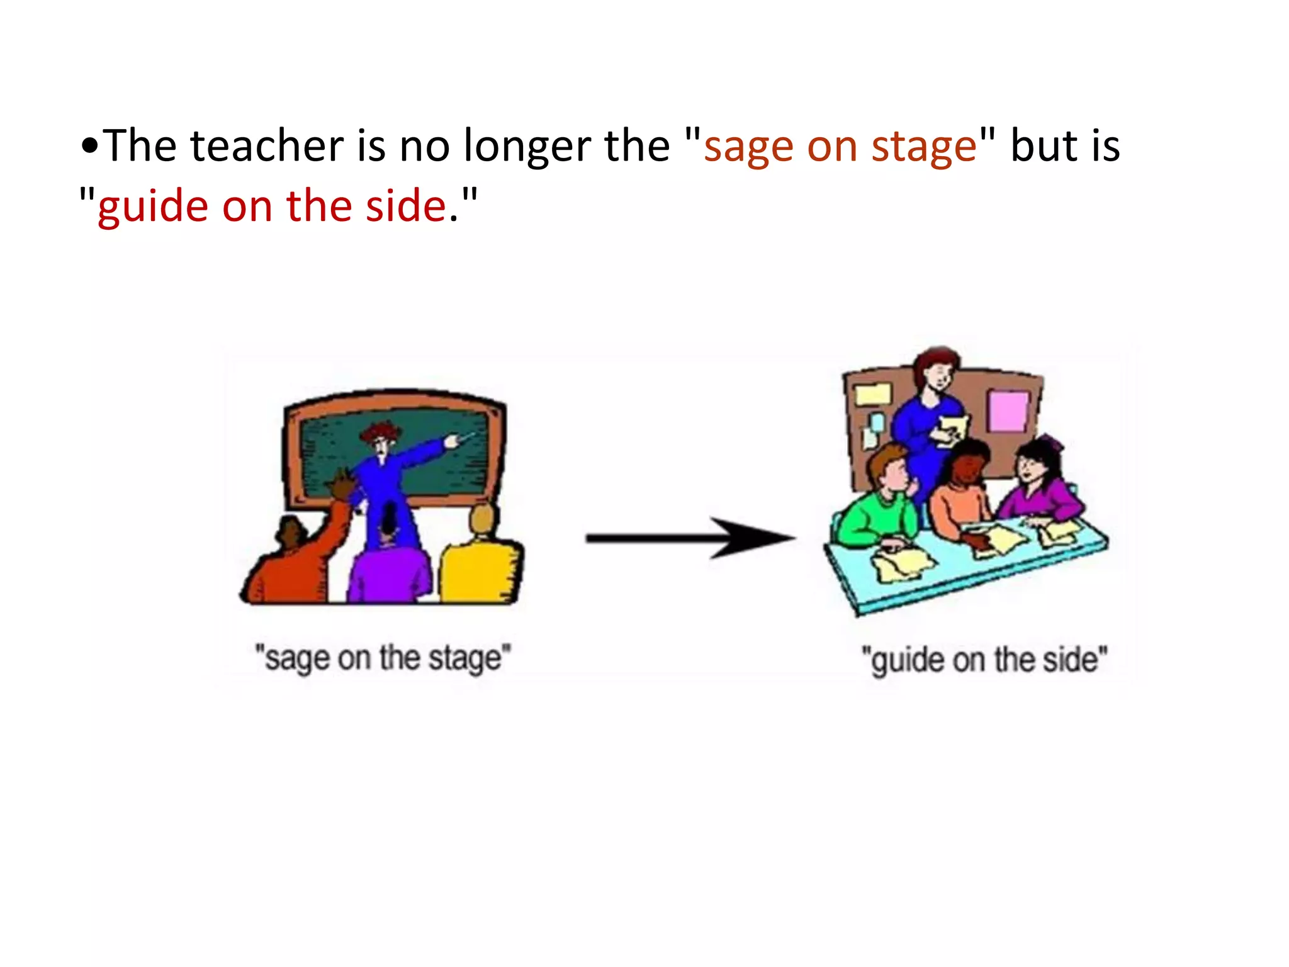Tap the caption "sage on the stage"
tap(383, 659)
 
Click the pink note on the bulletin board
tap(1008, 410)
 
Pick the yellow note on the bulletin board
tap(872, 394)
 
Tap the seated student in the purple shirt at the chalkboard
tap(389, 567)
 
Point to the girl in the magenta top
tap(1039, 485)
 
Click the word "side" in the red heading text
tap(406, 206)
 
